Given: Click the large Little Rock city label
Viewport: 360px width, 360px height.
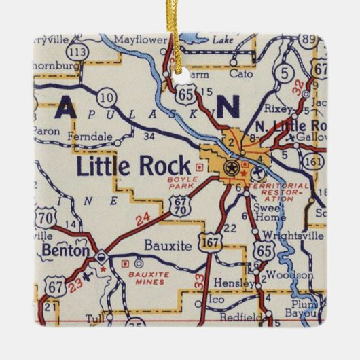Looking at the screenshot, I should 133,164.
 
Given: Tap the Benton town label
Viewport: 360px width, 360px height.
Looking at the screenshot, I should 65,251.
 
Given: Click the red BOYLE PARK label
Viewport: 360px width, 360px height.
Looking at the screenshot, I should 181,181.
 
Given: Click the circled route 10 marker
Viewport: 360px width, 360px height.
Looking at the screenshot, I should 105,97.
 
